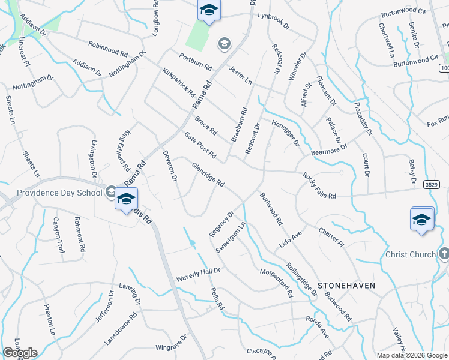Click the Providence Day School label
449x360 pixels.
(59, 193)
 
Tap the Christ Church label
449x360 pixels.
(410, 254)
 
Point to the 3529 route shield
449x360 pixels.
(439, 184)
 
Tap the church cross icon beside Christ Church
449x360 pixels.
(444, 254)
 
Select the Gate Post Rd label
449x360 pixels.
(200, 146)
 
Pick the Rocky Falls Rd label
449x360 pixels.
(319, 186)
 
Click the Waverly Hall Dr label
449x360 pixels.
(199, 275)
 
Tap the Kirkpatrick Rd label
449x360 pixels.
(179, 83)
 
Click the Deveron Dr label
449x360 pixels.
(171, 166)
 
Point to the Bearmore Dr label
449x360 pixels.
(329, 149)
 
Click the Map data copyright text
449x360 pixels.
(411, 355)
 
